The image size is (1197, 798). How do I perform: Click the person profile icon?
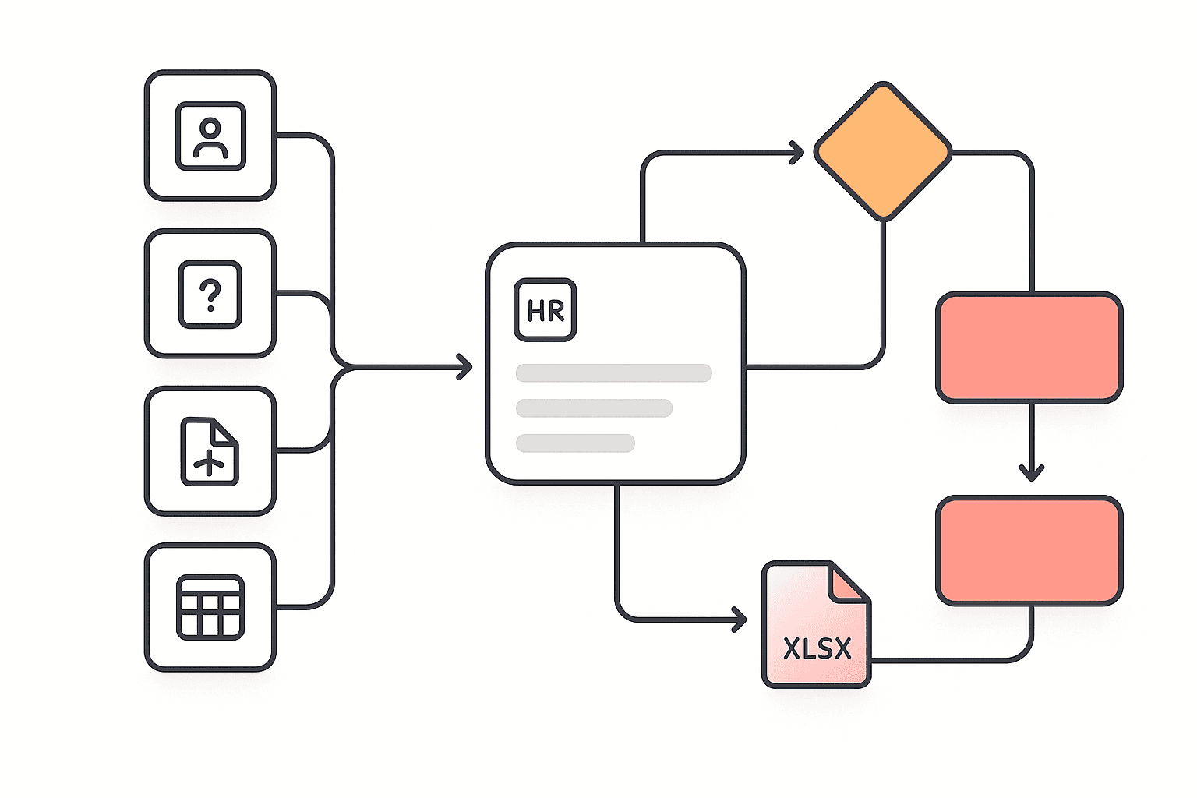point(210,136)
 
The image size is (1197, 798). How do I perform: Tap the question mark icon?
point(210,294)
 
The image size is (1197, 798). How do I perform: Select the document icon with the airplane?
point(210,452)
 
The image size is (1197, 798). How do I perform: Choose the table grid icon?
point(210,607)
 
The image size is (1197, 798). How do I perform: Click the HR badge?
point(546,310)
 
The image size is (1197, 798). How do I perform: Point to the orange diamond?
point(883,151)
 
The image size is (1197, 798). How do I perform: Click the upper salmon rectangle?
point(1029,348)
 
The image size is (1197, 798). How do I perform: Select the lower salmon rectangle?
point(1029,550)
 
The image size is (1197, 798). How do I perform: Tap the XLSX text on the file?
point(817,649)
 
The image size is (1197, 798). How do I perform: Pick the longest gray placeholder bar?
point(613,373)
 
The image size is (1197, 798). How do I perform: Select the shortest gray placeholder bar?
point(575,443)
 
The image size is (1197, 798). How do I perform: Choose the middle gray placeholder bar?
point(594,408)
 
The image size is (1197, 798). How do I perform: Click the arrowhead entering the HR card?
point(466,366)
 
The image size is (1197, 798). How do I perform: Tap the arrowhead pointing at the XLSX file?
point(740,620)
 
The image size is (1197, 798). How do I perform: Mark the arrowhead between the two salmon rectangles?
point(1032,472)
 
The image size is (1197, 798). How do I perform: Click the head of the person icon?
point(210,127)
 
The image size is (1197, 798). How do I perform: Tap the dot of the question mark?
point(210,309)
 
